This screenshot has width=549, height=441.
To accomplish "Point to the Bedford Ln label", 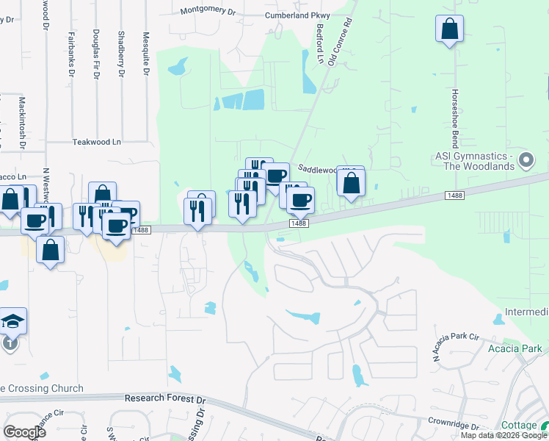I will click(319, 46).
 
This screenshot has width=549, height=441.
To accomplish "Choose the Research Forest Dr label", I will click(166, 398).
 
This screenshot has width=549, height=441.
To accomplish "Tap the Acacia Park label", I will click(515, 348).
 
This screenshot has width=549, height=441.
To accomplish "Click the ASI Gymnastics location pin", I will click(526, 159).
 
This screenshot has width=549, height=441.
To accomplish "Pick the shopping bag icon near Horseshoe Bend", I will click(449, 29).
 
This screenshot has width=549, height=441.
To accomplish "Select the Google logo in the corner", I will click(24, 431).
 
